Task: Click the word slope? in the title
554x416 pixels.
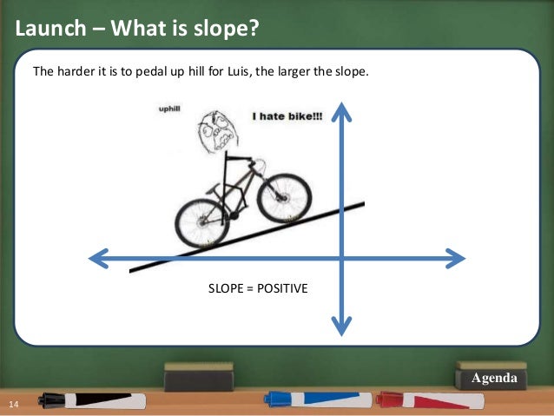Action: pyautogui.click(x=225, y=29)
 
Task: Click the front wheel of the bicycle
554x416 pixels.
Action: pyautogui.click(x=280, y=195)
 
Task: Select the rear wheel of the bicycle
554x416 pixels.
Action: pyautogui.click(x=202, y=222)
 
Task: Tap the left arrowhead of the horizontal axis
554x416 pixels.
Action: pyautogui.click(x=100, y=258)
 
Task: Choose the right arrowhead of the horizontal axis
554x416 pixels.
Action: pyautogui.click(x=456, y=258)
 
